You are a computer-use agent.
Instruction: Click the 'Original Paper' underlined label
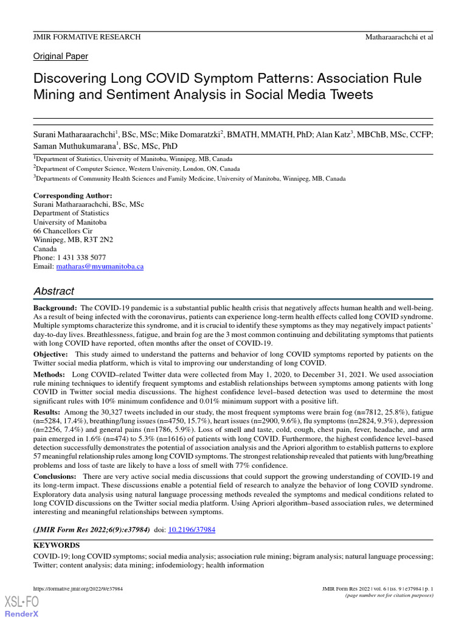point(60,56)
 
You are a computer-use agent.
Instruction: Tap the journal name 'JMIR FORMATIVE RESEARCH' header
point(87,37)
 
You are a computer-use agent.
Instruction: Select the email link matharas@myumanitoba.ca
point(100,266)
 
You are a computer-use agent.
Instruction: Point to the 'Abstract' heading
point(54,291)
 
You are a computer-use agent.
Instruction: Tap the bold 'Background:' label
point(55,308)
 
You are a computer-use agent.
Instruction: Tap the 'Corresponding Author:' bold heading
point(72,195)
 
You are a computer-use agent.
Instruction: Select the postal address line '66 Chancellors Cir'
point(63,231)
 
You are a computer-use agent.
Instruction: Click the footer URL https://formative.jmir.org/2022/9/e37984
point(78,589)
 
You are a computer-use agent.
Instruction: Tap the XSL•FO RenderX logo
point(21,607)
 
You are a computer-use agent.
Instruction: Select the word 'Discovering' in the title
point(72,79)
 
